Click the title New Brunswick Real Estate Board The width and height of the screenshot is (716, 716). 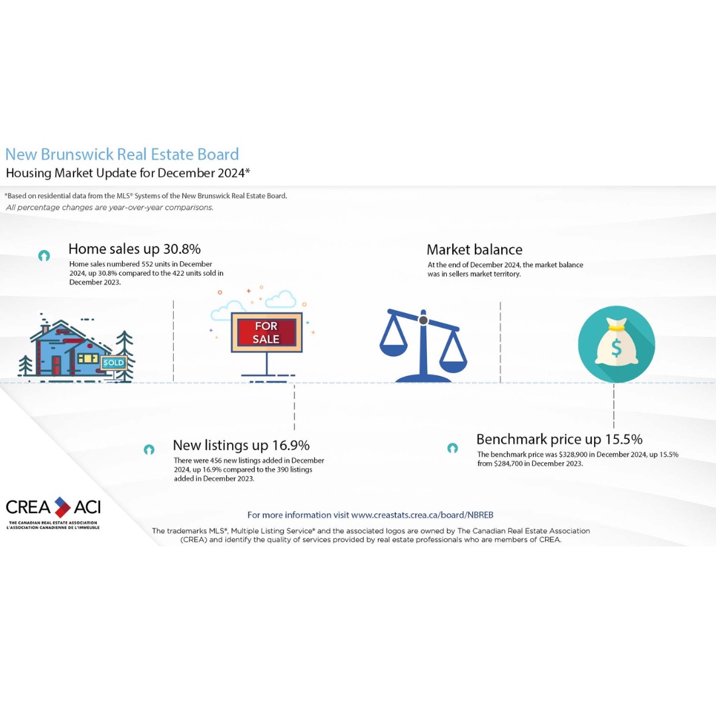click(x=122, y=154)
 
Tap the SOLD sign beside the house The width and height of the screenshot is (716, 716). click(x=114, y=363)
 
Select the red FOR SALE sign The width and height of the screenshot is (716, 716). click(x=267, y=332)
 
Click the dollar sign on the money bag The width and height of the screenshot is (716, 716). click(x=617, y=349)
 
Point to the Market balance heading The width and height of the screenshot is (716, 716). click(x=475, y=250)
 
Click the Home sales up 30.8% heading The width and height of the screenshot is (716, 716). click(x=135, y=249)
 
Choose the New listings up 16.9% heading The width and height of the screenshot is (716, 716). click(x=241, y=446)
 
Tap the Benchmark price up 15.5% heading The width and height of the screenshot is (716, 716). click(x=560, y=440)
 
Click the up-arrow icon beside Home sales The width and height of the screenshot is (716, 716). click(x=44, y=256)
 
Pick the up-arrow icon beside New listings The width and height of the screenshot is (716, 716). click(x=149, y=449)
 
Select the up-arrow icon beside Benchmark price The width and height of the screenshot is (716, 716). click(x=453, y=448)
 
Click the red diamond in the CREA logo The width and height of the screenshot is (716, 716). click(x=62, y=507)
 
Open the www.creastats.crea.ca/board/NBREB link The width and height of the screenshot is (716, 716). click(x=422, y=515)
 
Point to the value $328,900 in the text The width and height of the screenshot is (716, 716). click(x=573, y=454)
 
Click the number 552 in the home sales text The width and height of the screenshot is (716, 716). click(x=147, y=264)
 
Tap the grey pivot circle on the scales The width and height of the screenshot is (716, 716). click(x=423, y=320)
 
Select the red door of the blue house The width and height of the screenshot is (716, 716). click(x=56, y=365)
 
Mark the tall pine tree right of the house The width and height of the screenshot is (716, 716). click(x=124, y=355)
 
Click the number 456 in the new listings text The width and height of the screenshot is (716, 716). click(x=216, y=460)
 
